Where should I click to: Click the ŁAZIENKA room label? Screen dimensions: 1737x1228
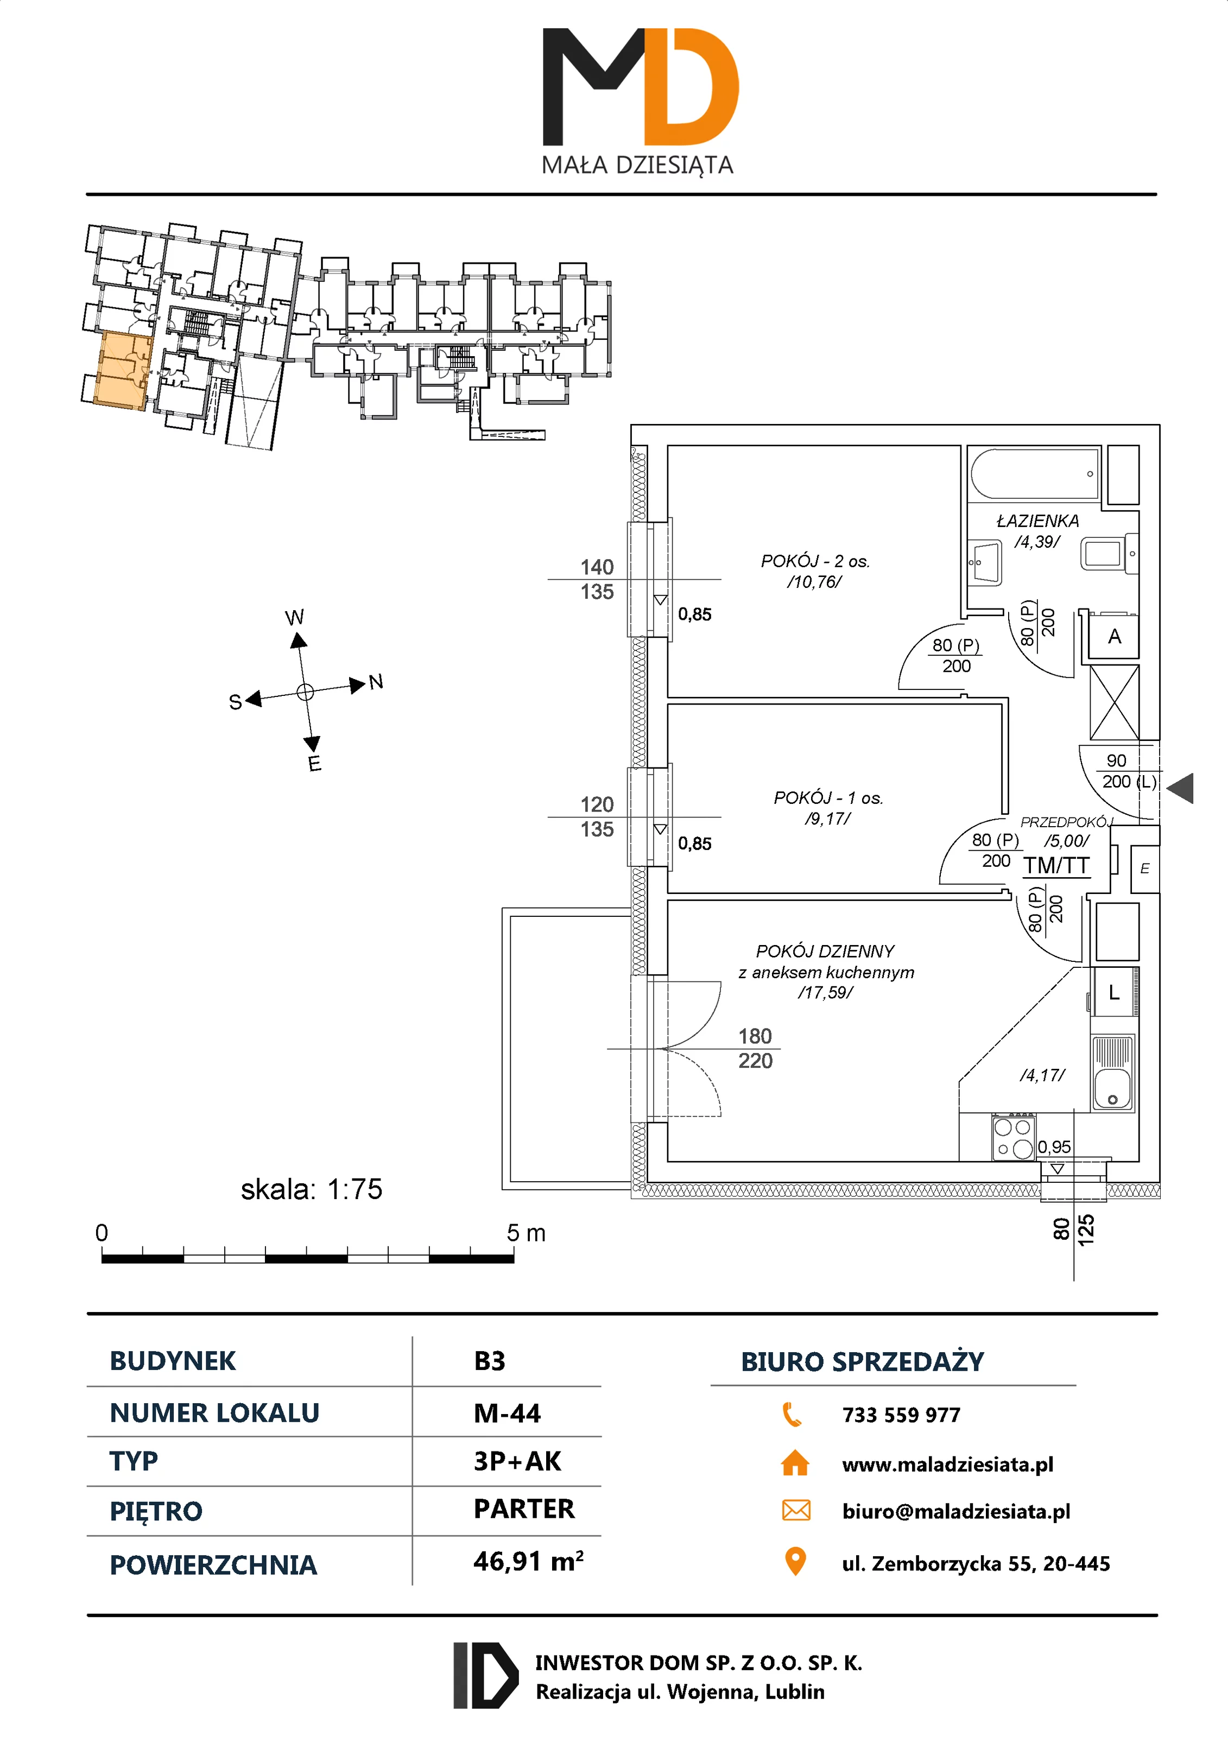(1037, 521)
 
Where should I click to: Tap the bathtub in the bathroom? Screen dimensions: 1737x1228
(1034, 474)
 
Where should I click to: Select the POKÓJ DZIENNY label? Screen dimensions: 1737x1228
(825, 951)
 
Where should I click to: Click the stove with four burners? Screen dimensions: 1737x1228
(1013, 1138)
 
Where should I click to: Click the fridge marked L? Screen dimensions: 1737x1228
(1114, 992)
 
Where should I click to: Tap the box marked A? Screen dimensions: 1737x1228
(1114, 636)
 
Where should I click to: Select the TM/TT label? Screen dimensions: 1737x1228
(1056, 865)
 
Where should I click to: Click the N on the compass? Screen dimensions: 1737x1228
(376, 682)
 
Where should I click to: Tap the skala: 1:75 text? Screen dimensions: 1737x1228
(312, 1189)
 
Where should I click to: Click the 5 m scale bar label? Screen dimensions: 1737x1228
(526, 1233)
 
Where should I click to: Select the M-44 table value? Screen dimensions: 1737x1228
(507, 1413)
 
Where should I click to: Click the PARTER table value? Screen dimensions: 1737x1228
(523, 1509)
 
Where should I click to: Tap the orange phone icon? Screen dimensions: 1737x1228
(792, 1414)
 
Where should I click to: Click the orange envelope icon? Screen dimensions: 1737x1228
(795, 1511)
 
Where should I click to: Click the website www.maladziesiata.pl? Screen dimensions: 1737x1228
(947, 1465)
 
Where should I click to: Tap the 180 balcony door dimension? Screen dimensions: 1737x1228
(755, 1036)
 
